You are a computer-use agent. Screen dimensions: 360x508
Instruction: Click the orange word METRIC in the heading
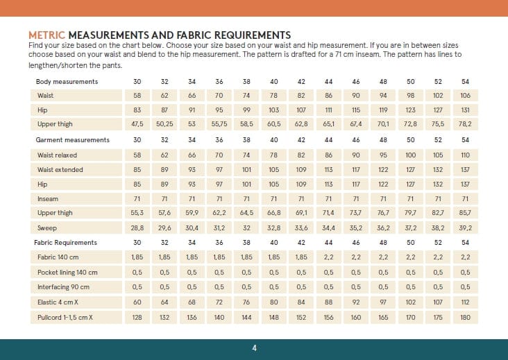click(47, 35)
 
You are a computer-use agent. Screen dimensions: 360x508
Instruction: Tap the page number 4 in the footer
click(254, 348)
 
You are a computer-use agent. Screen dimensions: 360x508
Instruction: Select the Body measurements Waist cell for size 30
click(137, 96)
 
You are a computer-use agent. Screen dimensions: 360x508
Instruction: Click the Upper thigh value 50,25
click(164, 125)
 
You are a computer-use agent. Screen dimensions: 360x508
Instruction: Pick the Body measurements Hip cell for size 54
click(465, 110)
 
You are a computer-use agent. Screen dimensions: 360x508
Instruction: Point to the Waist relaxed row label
click(60, 155)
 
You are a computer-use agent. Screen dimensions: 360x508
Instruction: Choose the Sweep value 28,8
click(137, 228)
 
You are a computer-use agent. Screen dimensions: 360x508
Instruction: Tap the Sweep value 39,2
click(465, 228)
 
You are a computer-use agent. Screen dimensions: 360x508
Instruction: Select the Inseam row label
click(48, 198)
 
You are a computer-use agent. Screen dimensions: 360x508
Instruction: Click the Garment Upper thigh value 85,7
click(465, 213)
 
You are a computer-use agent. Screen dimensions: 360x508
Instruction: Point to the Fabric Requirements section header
click(67, 243)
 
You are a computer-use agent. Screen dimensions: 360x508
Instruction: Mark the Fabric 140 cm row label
click(58, 257)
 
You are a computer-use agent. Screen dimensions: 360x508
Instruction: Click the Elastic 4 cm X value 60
click(137, 302)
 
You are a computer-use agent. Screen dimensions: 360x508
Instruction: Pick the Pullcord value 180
click(465, 316)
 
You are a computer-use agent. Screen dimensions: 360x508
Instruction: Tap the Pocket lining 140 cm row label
click(67, 272)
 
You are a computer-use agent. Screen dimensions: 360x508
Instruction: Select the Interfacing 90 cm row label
click(63, 287)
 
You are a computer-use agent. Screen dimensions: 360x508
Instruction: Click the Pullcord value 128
click(137, 316)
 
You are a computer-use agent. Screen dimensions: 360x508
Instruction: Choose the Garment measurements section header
click(73, 140)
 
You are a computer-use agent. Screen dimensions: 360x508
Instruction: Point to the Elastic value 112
click(465, 302)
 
